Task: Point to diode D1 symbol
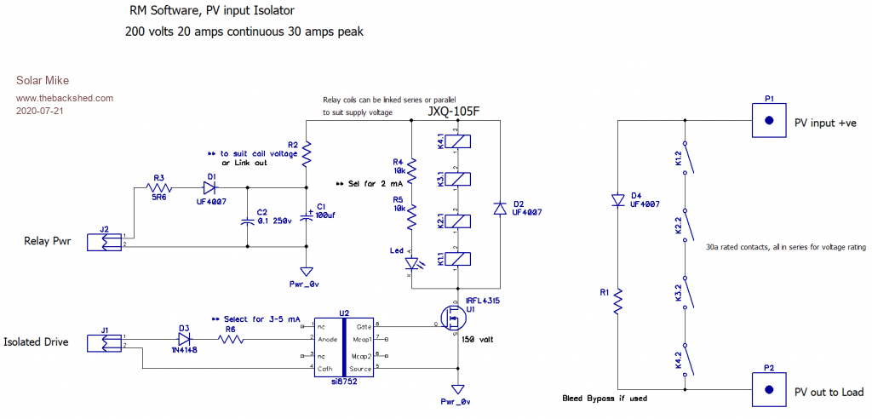click(x=209, y=187)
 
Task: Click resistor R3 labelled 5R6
click(x=159, y=187)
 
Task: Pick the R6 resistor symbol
click(x=230, y=339)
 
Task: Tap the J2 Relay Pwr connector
click(x=106, y=241)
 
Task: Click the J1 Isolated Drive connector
click(x=106, y=342)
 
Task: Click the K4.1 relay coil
click(x=457, y=142)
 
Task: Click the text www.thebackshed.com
click(x=65, y=98)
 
